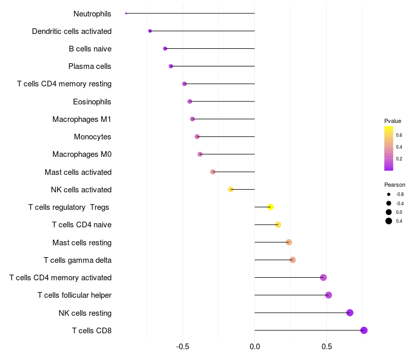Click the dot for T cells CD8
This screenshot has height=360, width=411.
click(x=364, y=330)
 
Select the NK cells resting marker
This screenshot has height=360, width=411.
click(x=350, y=313)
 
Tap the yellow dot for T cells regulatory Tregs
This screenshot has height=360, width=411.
click(x=271, y=207)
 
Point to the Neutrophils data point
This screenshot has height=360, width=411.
click(x=126, y=13)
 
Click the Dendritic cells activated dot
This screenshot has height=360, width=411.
click(x=150, y=31)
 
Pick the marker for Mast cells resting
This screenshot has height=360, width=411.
click(x=289, y=242)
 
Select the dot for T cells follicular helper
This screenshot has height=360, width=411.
click(x=329, y=295)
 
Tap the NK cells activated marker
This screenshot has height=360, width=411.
click(x=231, y=189)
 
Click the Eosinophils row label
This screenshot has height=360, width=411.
click(x=92, y=102)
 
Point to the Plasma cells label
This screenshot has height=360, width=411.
click(x=90, y=66)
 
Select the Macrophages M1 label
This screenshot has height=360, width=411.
click(x=82, y=119)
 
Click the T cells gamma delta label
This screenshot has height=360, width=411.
click(x=78, y=260)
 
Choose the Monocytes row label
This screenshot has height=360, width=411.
click(x=92, y=137)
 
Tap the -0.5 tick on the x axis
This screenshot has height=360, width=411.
click(x=183, y=347)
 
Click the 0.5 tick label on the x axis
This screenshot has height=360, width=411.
click(x=327, y=347)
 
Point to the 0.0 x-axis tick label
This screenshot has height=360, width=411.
click(x=255, y=347)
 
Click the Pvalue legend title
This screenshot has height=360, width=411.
click(x=393, y=121)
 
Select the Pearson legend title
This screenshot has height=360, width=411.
click(x=395, y=185)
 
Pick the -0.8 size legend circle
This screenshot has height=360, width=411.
click(x=389, y=194)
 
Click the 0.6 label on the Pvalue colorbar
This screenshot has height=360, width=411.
click(x=399, y=135)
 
